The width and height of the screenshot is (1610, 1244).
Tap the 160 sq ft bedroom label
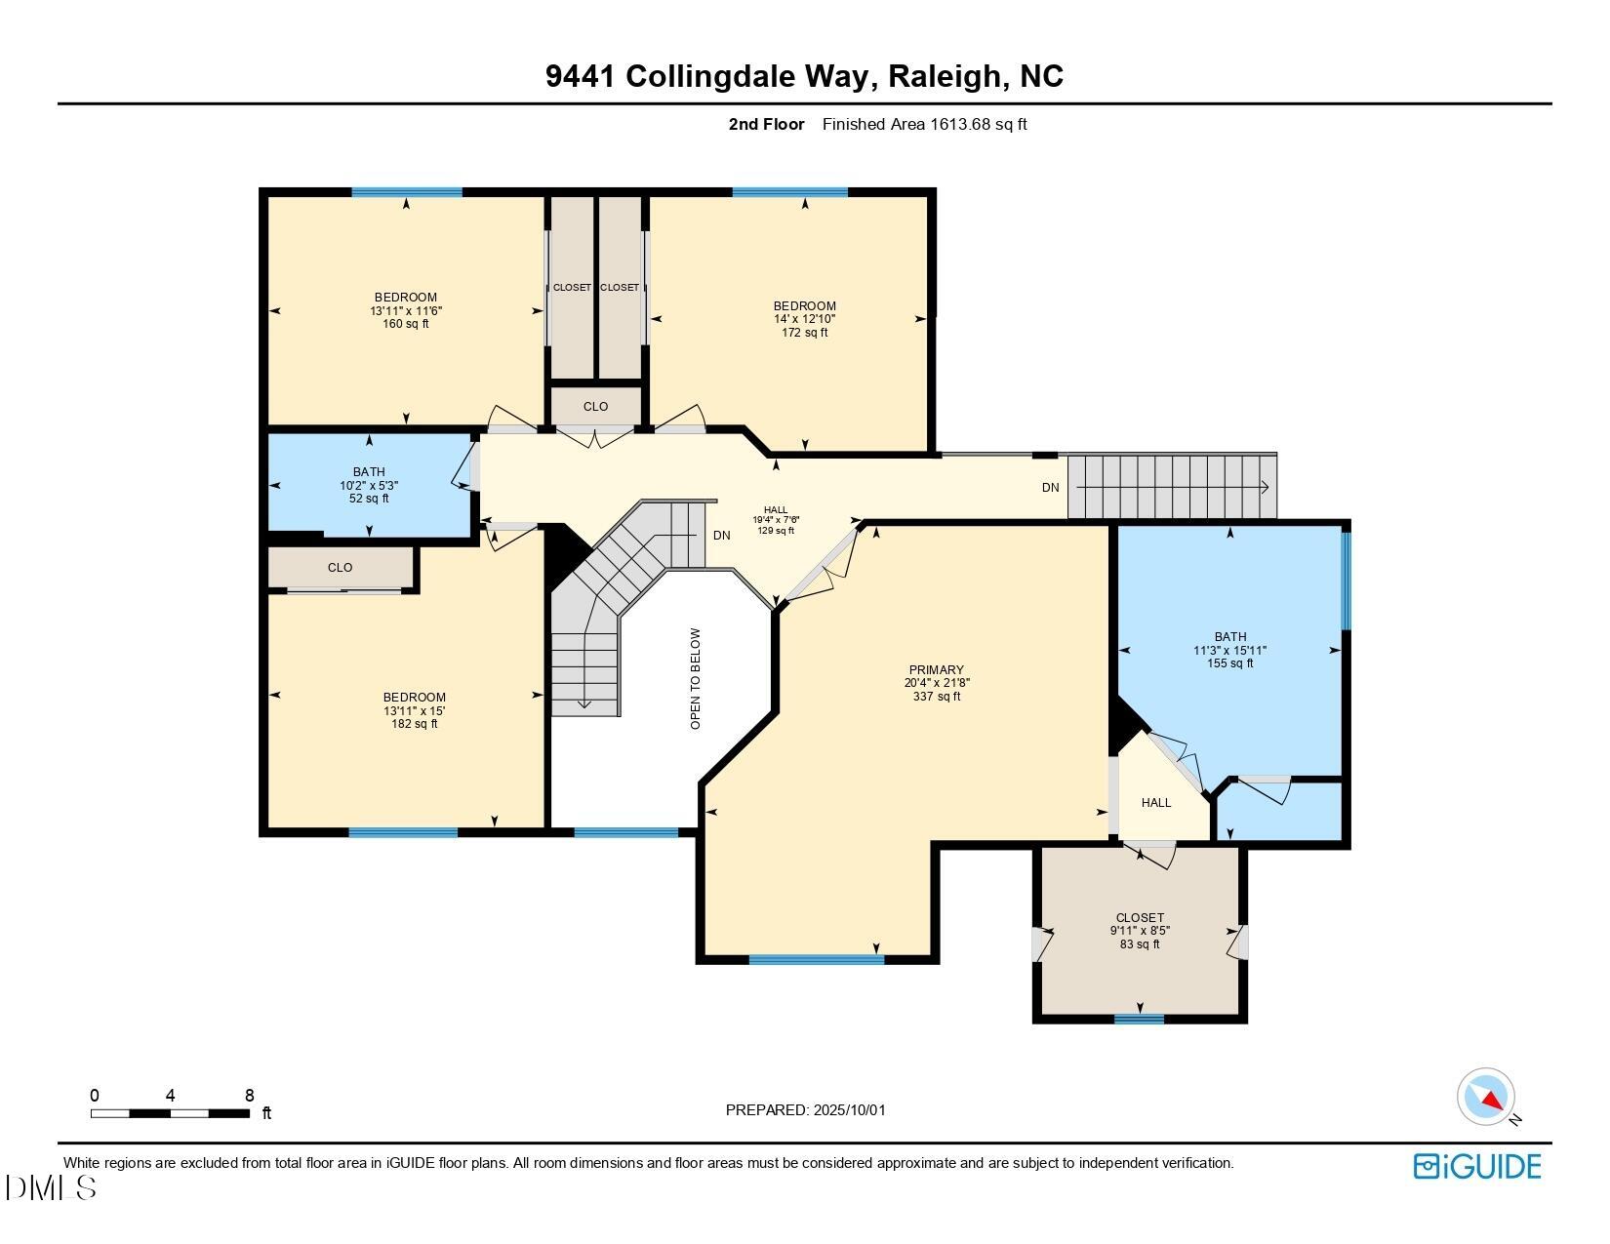405,310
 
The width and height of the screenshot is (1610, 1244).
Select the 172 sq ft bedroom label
804,319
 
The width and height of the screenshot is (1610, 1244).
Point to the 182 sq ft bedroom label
414,710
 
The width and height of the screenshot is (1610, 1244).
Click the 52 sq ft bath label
369,485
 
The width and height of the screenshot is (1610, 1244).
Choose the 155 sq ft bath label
1229,650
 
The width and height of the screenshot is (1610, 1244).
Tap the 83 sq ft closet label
1140,931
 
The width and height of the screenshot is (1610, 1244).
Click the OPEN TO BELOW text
696,678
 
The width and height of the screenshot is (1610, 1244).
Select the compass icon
1486,1097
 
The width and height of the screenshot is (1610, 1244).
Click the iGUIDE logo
1477,1167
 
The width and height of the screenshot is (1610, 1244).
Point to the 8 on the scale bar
250,1096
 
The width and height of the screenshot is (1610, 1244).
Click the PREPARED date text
805,1109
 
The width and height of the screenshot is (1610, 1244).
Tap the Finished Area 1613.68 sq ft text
924,124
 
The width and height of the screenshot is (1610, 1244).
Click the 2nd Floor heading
766,124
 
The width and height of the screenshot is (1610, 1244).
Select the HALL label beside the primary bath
1156,803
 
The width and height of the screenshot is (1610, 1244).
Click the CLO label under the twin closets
595,407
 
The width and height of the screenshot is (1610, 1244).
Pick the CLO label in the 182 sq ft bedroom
340,567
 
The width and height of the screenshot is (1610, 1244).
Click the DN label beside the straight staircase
1050,488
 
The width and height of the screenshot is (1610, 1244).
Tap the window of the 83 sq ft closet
1139,1020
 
